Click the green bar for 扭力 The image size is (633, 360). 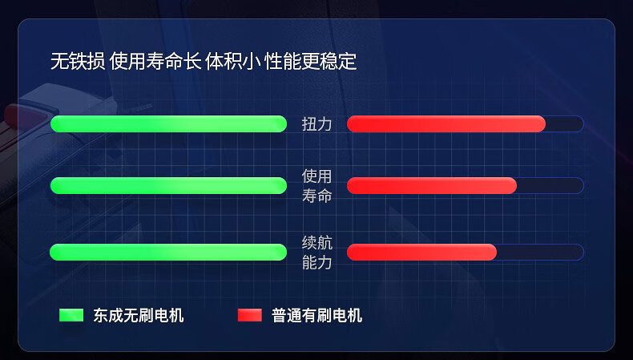click(168, 124)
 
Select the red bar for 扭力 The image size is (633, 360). click(446, 124)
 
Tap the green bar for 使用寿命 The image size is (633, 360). click(168, 186)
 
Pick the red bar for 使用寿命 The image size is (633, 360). click(432, 186)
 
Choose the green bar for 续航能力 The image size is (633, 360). click(168, 252)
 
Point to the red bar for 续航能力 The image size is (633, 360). click(421, 252)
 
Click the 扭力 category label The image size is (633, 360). click(317, 124)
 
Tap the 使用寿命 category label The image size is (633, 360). click(317, 186)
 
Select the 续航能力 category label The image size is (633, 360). click(317, 253)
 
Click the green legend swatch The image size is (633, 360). click(71, 315)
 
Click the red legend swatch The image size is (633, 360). click(250, 315)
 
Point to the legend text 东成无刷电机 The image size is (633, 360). click(139, 316)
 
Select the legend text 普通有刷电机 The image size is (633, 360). click(317, 316)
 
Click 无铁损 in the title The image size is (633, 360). click(78, 62)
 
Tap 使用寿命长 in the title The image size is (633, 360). click(155, 62)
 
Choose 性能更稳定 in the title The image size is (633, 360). click(310, 62)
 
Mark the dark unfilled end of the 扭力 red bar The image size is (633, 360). click(565, 124)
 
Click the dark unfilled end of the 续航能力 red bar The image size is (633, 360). click(540, 252)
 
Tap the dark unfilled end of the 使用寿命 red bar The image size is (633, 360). click(550, 186)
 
